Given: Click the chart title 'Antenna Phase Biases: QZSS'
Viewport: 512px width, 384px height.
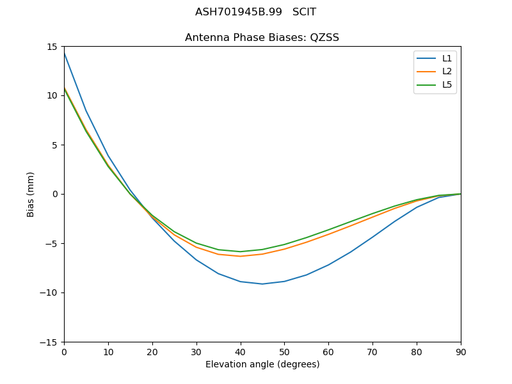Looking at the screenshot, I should click(262, 38).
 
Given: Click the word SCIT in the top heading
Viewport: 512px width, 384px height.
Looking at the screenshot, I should click(304, 12).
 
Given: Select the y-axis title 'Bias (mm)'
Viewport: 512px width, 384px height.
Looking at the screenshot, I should click(31, 194).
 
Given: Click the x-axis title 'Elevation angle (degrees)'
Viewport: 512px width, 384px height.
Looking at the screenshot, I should click(262, 365).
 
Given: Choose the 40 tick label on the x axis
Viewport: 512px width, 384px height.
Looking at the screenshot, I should click(240, 352).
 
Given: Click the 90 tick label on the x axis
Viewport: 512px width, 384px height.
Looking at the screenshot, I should click(461, 352).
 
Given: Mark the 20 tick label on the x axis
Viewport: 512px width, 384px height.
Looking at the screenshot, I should click(152, 352).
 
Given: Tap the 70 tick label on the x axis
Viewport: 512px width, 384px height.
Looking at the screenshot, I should click(372, 352).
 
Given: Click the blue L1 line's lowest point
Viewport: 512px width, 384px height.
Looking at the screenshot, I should click(262, 284).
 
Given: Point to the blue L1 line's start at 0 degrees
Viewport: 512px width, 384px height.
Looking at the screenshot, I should click(64, 52).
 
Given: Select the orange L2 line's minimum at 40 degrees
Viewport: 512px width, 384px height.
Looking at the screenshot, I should click(240, 256).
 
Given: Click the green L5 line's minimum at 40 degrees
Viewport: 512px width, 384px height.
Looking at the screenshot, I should click(240, 252).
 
